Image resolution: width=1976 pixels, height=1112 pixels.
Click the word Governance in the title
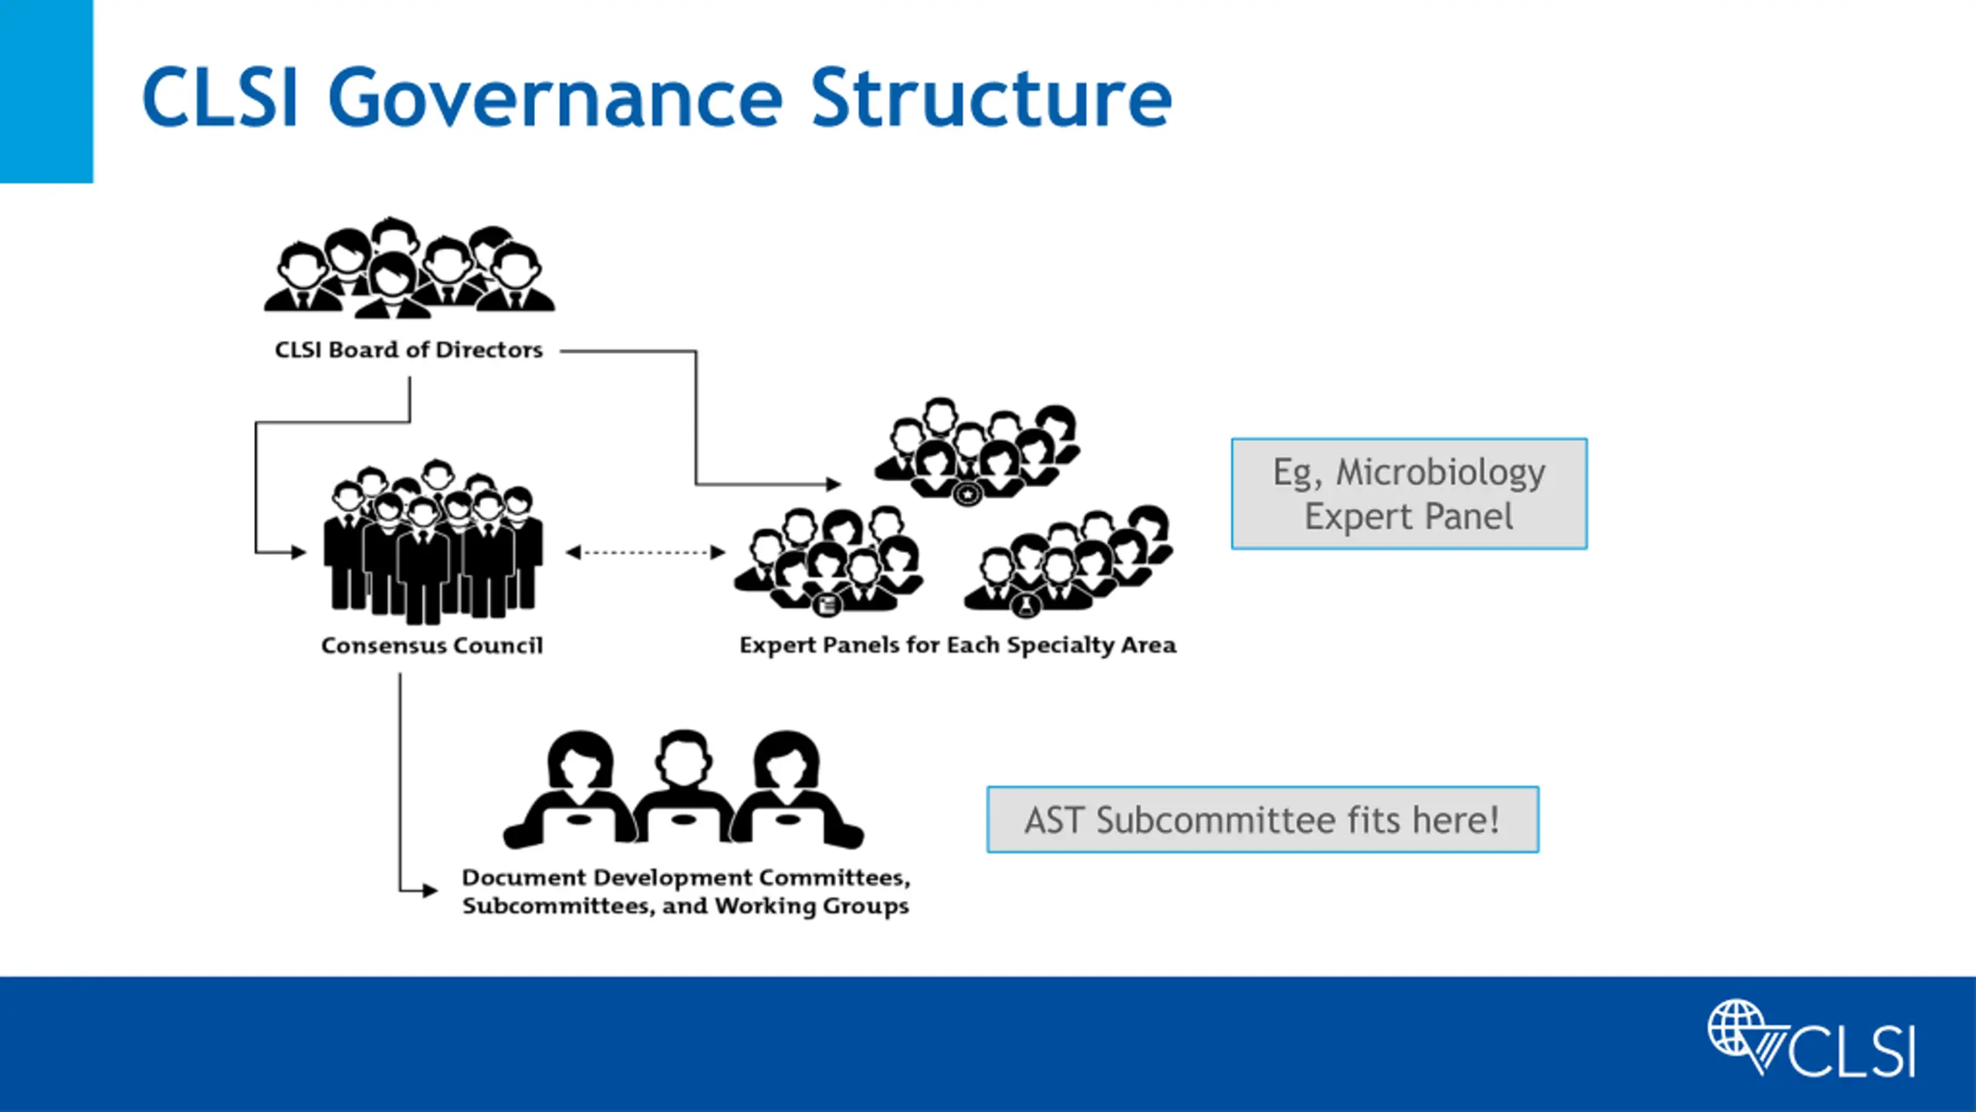point(556,99)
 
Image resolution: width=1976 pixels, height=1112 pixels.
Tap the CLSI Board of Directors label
point(409,350)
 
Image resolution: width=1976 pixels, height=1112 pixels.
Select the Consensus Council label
point(432,645)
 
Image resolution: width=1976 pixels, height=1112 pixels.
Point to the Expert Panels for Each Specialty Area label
point(958,645)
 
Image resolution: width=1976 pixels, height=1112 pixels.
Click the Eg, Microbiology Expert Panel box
point(1409,493)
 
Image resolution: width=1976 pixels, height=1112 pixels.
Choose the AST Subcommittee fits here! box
point(1263,819)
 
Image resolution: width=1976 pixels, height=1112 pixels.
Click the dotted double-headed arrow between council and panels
point(645,552)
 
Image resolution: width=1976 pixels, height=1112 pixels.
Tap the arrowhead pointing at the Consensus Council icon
point(299,552)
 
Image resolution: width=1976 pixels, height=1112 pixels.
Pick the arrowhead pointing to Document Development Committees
point(430,890)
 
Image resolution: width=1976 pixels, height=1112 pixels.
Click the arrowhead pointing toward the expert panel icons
point(834,484)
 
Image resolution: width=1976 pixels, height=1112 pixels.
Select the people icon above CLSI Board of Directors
point(409,267)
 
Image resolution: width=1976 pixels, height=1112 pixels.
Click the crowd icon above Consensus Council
point(433,541)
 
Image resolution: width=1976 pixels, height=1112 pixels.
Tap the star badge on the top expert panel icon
point(968,493)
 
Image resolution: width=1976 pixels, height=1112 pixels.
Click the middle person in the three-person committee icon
point(683,786)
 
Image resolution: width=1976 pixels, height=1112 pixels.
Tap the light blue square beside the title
point(46,91)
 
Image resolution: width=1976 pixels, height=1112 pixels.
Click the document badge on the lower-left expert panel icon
point(827,605)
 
